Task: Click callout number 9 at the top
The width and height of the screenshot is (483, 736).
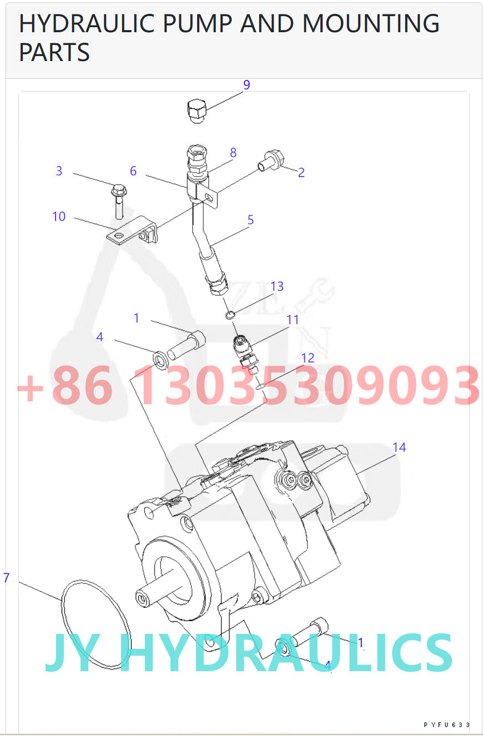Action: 246,85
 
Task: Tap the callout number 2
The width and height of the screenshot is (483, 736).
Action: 301,173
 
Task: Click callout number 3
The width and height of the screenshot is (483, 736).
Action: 59,171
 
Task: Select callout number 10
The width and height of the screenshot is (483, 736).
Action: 59,216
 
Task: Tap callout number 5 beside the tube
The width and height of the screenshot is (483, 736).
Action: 250,220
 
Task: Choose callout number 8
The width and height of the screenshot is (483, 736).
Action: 233,153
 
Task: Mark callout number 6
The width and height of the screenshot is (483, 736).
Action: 133,171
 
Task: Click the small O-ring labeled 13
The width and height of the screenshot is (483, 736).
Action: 230,316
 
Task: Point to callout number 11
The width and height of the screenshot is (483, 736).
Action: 293,320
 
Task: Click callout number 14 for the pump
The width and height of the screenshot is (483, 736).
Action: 399,447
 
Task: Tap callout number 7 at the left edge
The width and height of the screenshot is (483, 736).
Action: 6,578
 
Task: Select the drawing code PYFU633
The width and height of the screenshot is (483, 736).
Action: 446,725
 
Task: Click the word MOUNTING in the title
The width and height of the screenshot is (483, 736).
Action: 370,23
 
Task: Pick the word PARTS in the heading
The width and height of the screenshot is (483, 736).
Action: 54,52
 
